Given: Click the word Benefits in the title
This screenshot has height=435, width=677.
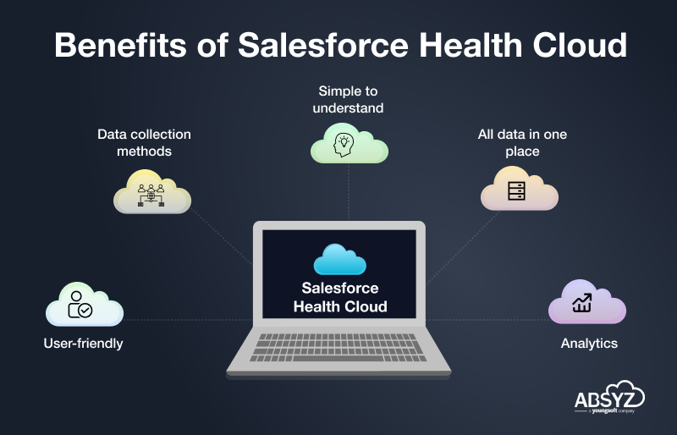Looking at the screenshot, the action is [x=120, y=45].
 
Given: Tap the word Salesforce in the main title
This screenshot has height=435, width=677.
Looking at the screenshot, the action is [x=323, y=45].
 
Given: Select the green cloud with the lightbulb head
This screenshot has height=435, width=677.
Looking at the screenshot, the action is [x=350, y=143].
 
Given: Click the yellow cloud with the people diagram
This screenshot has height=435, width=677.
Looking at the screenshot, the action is [x=152, y=191].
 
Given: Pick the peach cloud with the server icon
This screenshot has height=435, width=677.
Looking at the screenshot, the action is [x=520, y=189].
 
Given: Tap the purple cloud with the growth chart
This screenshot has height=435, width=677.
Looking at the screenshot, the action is [x=587, y=301].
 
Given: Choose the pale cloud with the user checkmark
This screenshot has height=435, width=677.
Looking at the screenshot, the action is [x=85, y=304].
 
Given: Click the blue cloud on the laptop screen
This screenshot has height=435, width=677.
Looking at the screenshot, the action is [x=340, y=260].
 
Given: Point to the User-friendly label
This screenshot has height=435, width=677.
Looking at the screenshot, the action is [x=83, y=344].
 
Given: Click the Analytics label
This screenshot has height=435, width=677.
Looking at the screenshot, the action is [x=589, y=344].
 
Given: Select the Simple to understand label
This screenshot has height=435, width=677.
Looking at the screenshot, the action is [x=348, y=99].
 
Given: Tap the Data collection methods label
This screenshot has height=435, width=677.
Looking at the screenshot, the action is [x=144, y=142].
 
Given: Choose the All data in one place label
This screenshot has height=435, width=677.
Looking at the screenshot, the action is [x=522, y=142].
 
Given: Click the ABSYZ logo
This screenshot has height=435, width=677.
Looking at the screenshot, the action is [x=609, y=398].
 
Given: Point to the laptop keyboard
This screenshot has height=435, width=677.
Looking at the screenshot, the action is [x=338, y=347].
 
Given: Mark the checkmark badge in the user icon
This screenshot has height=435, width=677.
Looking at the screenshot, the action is [x=85, y=310].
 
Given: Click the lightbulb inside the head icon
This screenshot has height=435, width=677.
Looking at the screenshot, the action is [x=344, y=141].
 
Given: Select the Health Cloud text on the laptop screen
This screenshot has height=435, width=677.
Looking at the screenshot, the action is [x=340, y=306].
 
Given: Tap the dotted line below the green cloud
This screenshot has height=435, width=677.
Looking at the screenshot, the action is [x=349, y=192].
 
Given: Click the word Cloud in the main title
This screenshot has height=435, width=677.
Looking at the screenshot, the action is [x=580, y=45].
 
